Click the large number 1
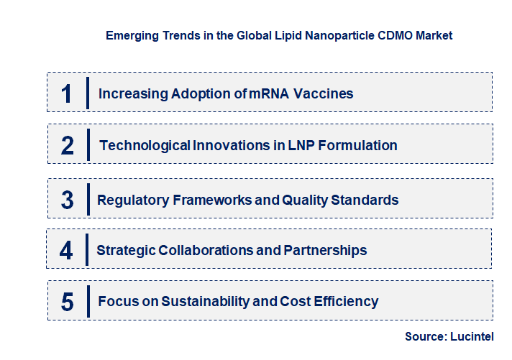(67, 93)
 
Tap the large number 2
(68, 146)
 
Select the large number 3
(68, 200)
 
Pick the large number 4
(67, 250)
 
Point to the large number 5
(68, 302)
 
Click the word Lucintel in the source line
(472, 336)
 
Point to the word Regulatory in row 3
(133, 200)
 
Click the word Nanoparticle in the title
(332, 35)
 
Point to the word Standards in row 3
(365, 200)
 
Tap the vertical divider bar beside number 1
(87, 93)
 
